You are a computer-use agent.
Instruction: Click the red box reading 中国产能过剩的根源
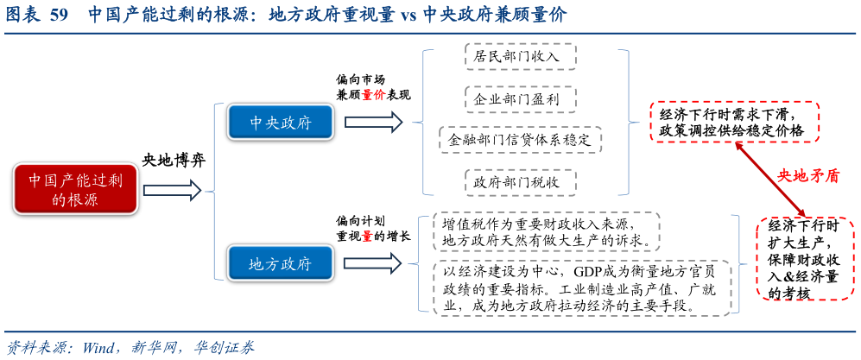(x=75, y=189)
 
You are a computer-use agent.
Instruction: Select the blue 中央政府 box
(x=281, y=122)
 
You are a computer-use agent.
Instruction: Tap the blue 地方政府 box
(x=281, y=262)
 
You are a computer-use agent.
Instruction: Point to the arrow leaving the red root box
(x=171, y=190)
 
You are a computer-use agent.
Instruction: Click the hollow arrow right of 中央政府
(x=373, y=122)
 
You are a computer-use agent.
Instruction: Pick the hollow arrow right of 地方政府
(x=372, y=262)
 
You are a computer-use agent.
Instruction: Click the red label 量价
(x=373, y=95)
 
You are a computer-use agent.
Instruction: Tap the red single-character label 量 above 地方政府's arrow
(x=367, y=236)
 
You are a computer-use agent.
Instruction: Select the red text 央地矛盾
(x=808, y=175)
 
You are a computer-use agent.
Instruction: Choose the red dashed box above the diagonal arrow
(x=734, y=121)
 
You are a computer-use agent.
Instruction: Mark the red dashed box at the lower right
(x=805, y=258)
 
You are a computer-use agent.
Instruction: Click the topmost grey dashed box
(x=521, y=56)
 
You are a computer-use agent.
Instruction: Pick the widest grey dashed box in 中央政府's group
(x=521, y=140)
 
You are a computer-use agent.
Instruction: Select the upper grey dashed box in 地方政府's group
(x=546, y=231)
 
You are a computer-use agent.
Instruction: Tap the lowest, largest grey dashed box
(x=581, y=287)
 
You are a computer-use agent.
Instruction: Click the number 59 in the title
(x=59, y=16)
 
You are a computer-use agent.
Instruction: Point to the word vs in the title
(x=408, y=16)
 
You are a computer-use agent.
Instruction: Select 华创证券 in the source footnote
(x=224, y=348)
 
